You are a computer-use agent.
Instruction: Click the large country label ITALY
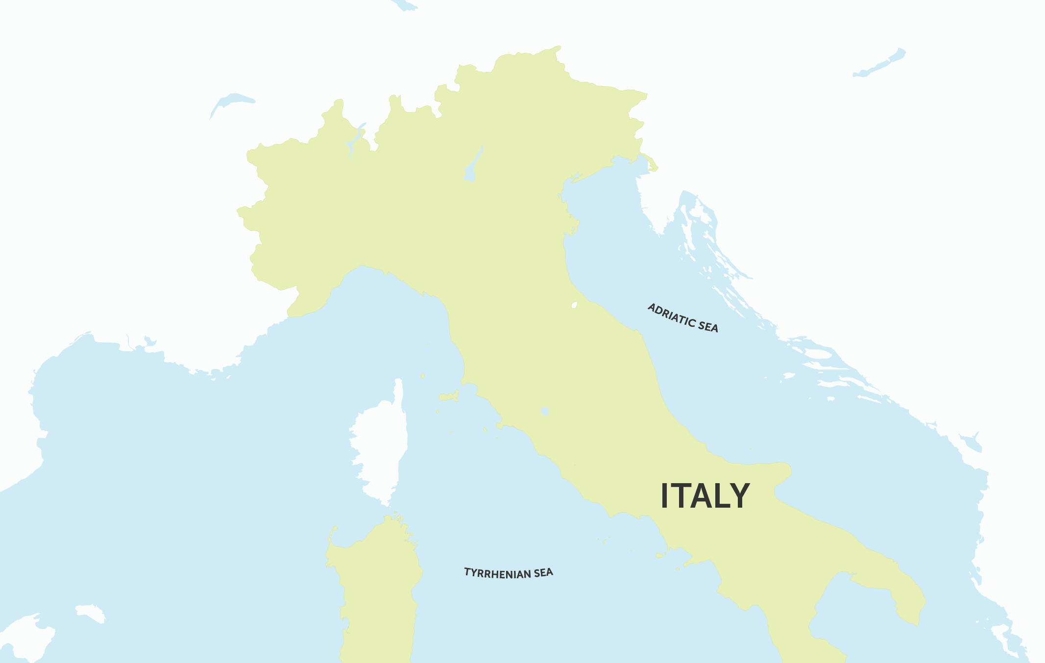click(705, 496)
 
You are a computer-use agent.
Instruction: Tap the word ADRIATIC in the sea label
click(671, 316)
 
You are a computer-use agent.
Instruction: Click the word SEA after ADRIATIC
click(708, 325)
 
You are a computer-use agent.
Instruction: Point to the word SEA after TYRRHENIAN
click(543, 572)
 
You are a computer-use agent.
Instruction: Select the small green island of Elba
click(449, 396)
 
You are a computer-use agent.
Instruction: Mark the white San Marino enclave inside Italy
click(574, 305)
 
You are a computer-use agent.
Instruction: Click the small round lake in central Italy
click(544, 411)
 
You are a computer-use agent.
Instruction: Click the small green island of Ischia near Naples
click(659, 555)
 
